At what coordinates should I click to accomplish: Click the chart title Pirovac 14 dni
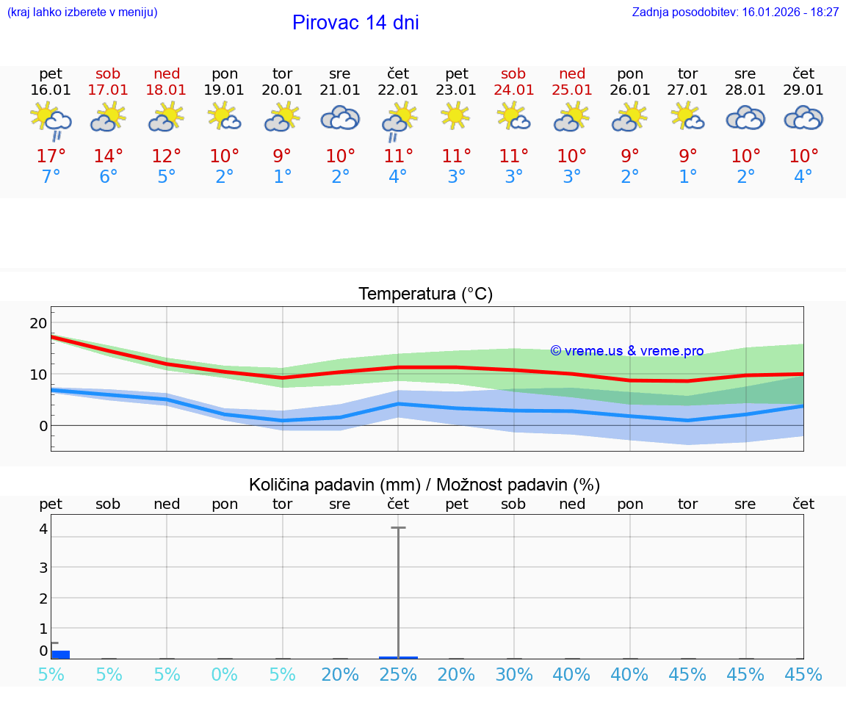click(355, 23)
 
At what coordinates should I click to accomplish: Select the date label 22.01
click(398, 90)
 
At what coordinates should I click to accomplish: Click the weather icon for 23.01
click(456, 116)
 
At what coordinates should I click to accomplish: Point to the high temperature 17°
click(51, 156)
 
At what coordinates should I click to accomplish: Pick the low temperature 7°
click(51, 177)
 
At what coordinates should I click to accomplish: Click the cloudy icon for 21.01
click(340, 117)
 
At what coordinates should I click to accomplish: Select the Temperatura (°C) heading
click(425, 294)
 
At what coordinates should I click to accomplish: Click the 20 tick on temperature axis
click(38, 323)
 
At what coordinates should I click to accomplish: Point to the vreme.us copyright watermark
click(627, 351)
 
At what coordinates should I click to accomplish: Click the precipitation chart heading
click(424, 485)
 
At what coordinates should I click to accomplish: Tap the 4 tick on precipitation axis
click(43, 529)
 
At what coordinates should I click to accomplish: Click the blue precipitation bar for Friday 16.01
click(60, 654)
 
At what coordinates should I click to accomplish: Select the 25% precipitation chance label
click(398, 675)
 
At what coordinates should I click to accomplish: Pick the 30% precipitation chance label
click(513, 675)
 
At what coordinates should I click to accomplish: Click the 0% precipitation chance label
click(225, 675)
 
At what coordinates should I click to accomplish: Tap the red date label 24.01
click(513, 90)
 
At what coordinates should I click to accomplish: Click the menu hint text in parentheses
click(82, 12)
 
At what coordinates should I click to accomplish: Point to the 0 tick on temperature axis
click(43, 426)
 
